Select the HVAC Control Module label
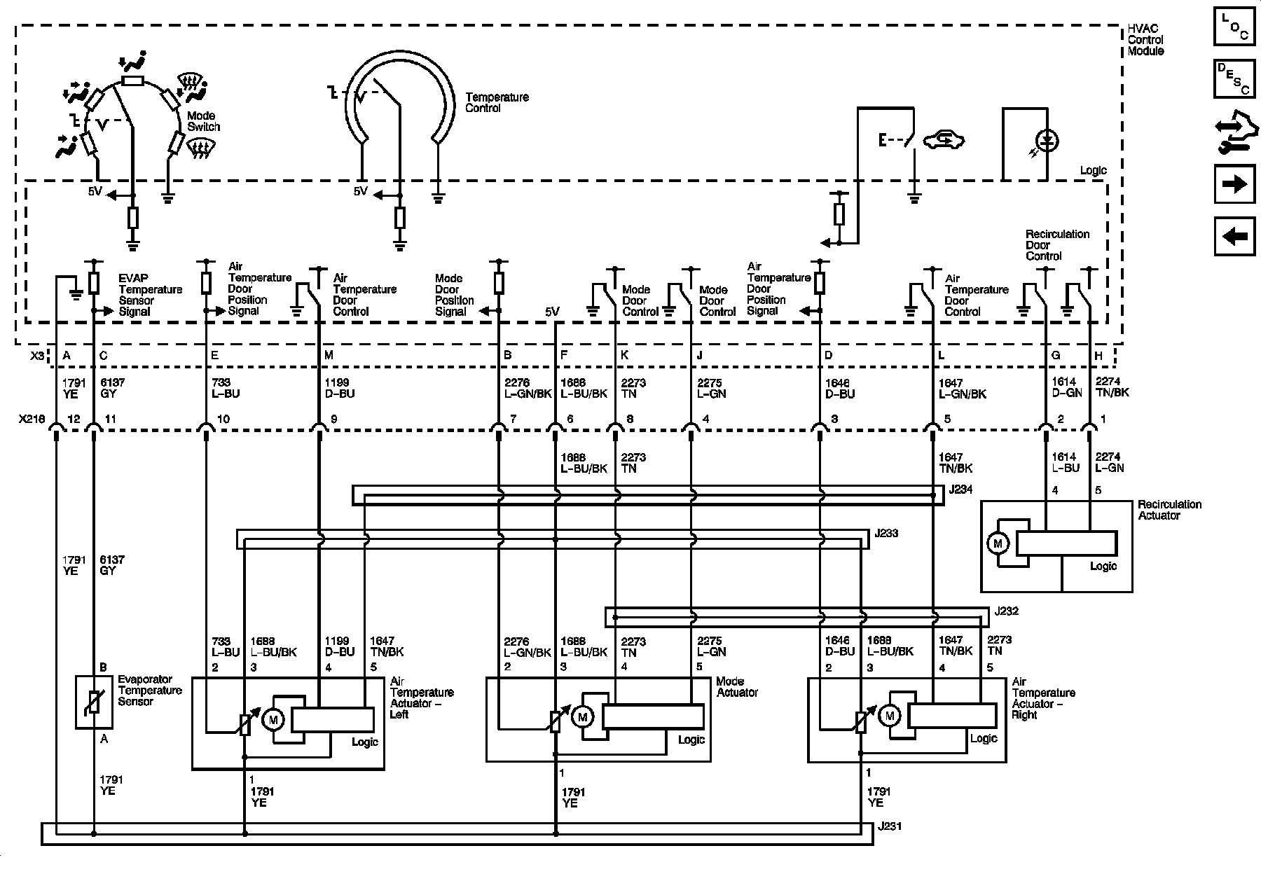pos(1146,40)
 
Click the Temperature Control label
pos(497,102)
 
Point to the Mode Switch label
pos(203,121)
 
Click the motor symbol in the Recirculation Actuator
pos(998,543)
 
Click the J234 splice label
pos(961,490)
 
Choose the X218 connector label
pos(32,419)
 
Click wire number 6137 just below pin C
pos(109,383)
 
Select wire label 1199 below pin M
pos(337,383)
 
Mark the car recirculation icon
pos(944,141)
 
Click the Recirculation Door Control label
pos(1057,245)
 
